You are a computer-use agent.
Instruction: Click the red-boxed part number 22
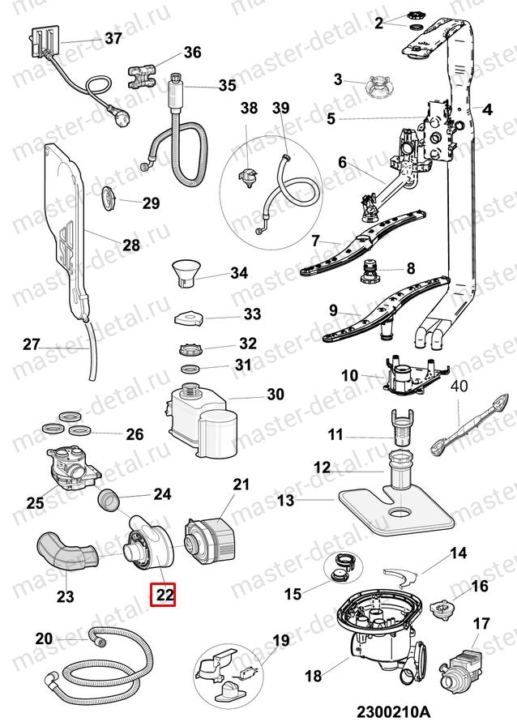tap(165, 595)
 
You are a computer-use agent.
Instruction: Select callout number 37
tap(112, 38)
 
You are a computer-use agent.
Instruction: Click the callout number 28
tap(131, 245)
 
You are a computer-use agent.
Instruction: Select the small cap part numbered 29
tap(109, 197)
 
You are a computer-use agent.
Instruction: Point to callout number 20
tap(44, 639)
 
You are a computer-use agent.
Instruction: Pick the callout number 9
tap(333, 310)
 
